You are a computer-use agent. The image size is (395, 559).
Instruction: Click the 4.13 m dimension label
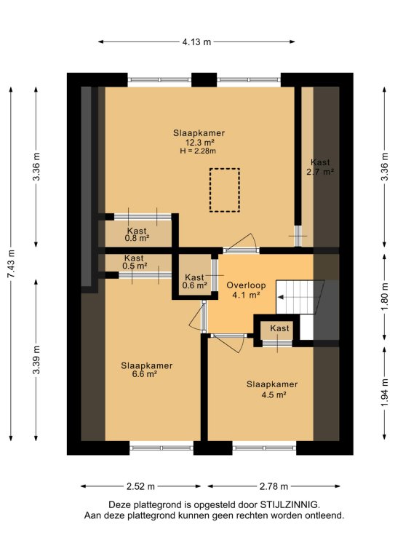[x=196, y=41]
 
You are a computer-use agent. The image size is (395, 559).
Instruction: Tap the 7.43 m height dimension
[x=12, y=263]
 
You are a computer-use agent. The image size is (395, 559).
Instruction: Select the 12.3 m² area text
[x=199, y=142]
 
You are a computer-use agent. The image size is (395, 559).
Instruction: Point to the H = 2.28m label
[x=198, y=151]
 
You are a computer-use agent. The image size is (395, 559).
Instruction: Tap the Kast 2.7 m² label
[x=320, y=167]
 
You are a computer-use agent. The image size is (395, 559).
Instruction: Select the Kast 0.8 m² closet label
[x=137, y=234]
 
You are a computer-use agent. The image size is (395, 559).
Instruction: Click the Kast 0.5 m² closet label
[x=135, y=262]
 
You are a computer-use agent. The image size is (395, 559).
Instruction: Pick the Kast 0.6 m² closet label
[x=194, y=281]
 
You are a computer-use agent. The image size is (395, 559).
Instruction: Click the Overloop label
[x=246, y=285]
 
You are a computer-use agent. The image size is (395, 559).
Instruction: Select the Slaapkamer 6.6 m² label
[x=146, y=370]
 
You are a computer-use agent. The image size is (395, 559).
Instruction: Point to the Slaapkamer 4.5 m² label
[x=272, y=389]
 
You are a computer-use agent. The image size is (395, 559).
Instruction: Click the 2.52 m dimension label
[x=140, y=486]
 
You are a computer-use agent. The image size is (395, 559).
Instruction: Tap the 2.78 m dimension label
[x=274, y=486]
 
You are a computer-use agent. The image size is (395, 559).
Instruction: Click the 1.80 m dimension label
[x=384, y=297]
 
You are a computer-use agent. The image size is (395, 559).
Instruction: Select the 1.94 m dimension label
[x=384, y=392]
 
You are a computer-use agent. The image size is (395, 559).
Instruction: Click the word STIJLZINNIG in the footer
[x=290, y=505]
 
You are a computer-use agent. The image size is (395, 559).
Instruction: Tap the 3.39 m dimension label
[x=36, y=360]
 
